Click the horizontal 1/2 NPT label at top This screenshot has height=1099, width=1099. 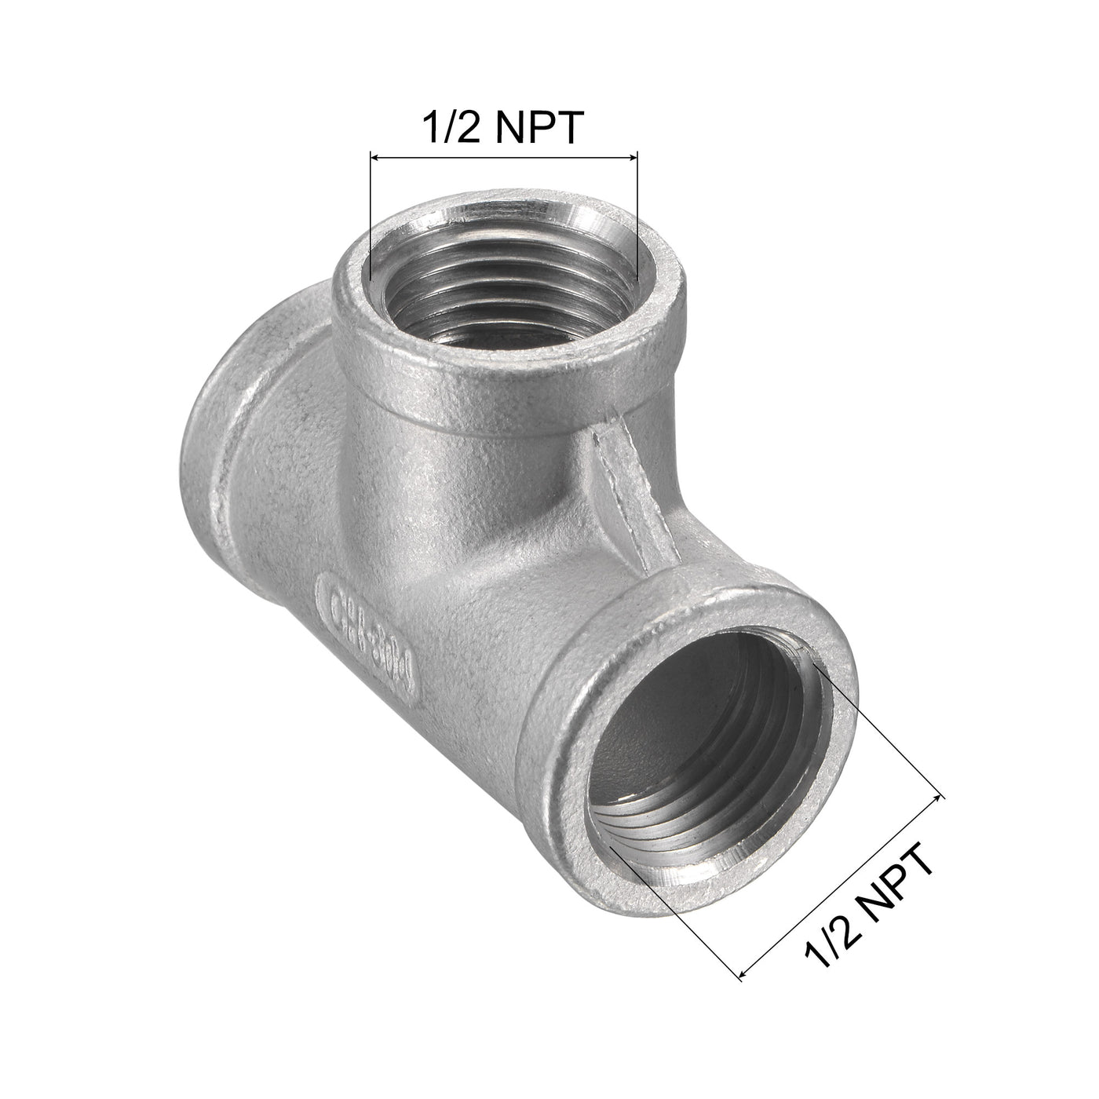[503, 126]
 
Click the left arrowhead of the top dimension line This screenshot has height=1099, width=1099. [374, 158]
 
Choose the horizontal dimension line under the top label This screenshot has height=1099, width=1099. [503, 158]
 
